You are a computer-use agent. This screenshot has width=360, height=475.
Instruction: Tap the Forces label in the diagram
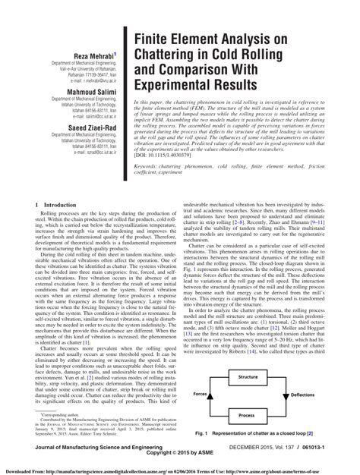pos(199,395)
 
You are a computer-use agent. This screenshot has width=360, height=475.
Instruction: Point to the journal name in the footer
pos(84,450)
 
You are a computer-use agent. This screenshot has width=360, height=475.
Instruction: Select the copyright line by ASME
pos(181,458)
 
